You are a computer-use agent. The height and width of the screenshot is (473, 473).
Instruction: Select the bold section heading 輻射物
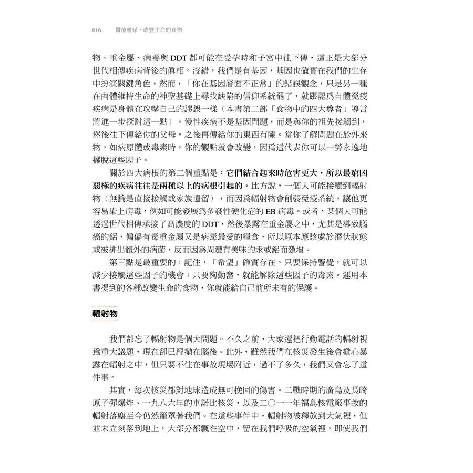pyautogui.click(x=105, y=314)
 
